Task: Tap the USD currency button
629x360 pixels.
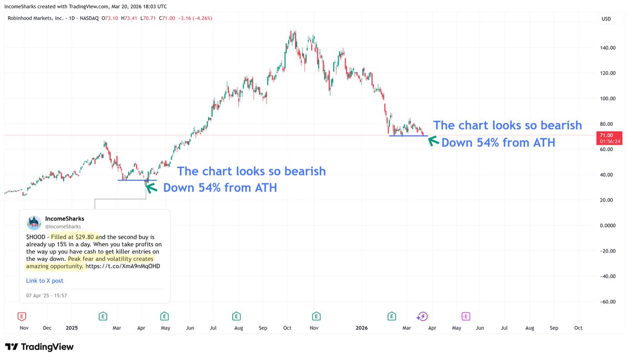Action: click(x=606, y=19)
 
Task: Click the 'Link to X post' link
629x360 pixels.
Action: click(x=45, y=281)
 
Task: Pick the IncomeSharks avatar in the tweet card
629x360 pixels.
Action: click(x=34, y=222)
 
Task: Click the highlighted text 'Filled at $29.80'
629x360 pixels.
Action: click(x=73, y=237)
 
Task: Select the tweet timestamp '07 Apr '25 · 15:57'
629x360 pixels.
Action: click(x=47, y=296)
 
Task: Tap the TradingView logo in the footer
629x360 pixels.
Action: click(x=39, y=347)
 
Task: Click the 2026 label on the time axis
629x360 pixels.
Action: click(x=362, y=328)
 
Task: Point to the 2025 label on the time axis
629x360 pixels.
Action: click(x=72, y=328)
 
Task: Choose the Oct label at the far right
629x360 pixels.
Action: click(x=578, y=328)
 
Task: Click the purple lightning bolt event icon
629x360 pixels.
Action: click(x=422, y=316)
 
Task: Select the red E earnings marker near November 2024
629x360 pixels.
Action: click(x=21, y=316)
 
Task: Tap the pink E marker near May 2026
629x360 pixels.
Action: click(x=465, y=316)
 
